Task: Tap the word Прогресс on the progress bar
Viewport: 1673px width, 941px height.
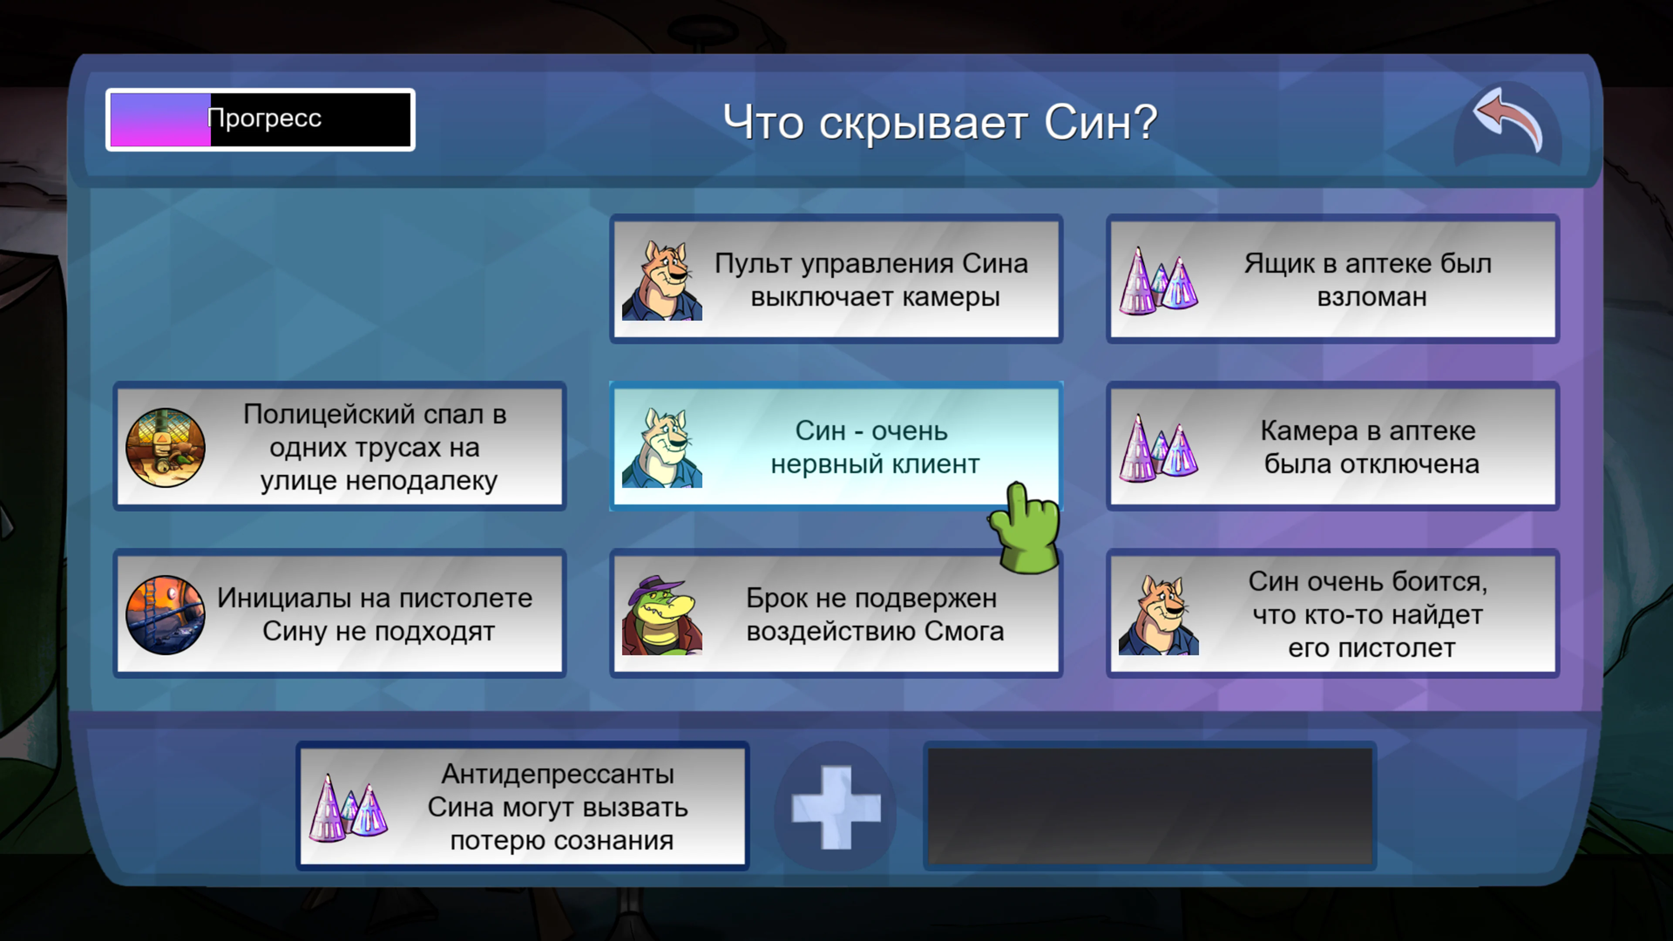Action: (264, 118)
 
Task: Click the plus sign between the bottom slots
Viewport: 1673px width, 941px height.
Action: (836, 807)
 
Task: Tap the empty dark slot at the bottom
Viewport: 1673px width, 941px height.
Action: (1150, 806)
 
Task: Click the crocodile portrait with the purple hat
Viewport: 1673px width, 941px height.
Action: (661, 616)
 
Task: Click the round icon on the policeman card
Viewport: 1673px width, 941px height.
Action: (165, 447)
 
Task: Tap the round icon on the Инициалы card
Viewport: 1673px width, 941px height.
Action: (165, 615)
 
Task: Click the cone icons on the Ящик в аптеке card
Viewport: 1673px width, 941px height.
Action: (1158, 281)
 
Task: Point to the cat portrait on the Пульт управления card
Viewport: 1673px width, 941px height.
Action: (661, 281)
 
